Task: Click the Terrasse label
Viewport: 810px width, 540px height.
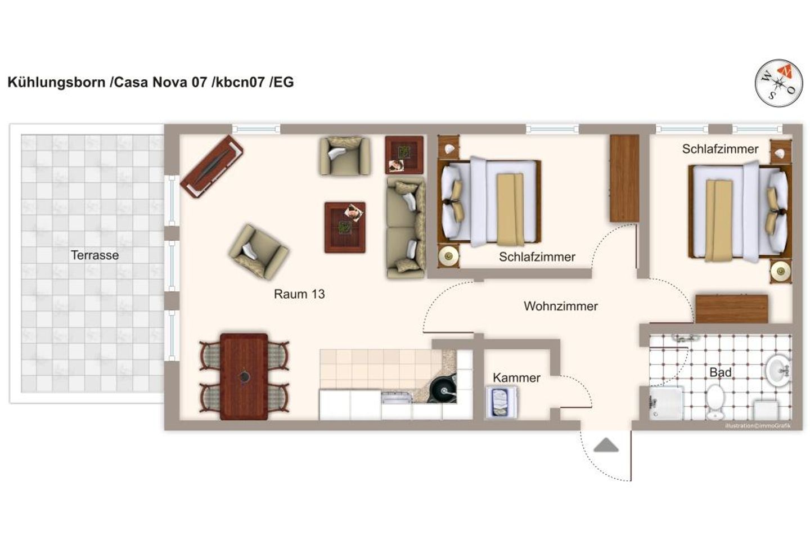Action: (94, 255)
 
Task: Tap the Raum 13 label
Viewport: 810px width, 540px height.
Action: (299, 294)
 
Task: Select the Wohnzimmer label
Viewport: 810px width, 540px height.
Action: (560, 306)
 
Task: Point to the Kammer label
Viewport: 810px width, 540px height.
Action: (516, 377)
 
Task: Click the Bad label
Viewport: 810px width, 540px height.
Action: (720, 372)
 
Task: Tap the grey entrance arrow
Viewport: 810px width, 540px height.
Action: (606, 445)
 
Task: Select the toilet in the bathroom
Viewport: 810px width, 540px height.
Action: (715, 402)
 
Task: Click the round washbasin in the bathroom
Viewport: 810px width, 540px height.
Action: (778, 370)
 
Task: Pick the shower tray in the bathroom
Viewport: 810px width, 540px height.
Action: (667, 403)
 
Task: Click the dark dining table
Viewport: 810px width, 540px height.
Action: (244, 376)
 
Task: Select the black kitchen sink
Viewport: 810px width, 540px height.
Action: (442, 388)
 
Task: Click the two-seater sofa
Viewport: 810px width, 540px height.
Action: (406, 227)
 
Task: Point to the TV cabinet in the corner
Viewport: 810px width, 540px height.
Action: (211, 166)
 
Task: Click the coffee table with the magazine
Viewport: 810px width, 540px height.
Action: (345, 227)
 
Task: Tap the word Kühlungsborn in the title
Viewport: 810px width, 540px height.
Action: (56, 82)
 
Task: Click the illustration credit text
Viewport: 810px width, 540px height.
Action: (758, 425)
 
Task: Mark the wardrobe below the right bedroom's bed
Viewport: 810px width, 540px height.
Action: (731, 308)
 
